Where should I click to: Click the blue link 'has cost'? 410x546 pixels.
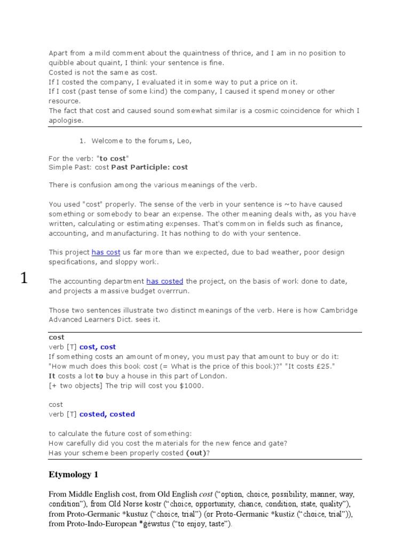[106, 252]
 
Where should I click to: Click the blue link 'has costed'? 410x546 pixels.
[164, 281]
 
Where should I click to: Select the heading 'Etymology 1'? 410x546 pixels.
[73, 474]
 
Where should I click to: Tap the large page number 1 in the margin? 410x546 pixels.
[23, 278]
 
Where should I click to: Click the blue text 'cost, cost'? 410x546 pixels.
[97, 347]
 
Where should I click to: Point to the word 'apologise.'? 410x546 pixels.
[66, 120]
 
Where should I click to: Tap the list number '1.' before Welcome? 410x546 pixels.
[82, 141]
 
